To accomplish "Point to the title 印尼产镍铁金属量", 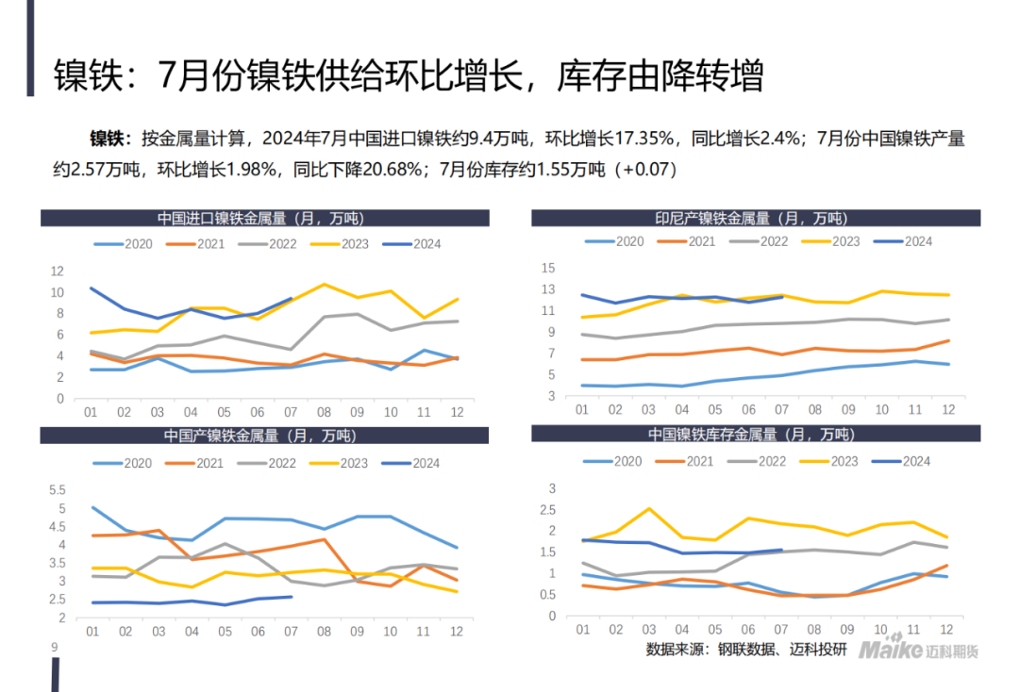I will coord(751,219).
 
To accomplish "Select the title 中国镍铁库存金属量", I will coord(750,435).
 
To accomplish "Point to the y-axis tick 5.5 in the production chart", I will coord(57,490).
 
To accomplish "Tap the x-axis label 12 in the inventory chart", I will coord(946,631).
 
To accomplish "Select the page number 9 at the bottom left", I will coord(54,648).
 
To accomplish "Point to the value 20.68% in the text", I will coord(390,170).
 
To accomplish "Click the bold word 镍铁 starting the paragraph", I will coord(107,140).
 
